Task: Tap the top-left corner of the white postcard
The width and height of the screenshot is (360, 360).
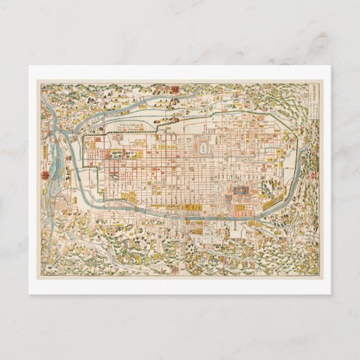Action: point(29,66)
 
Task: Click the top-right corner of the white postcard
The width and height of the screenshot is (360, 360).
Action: point(331,66)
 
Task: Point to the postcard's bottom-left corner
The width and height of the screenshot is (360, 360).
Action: point(29,293)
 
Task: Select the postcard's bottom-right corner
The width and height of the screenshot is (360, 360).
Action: point(331,293)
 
